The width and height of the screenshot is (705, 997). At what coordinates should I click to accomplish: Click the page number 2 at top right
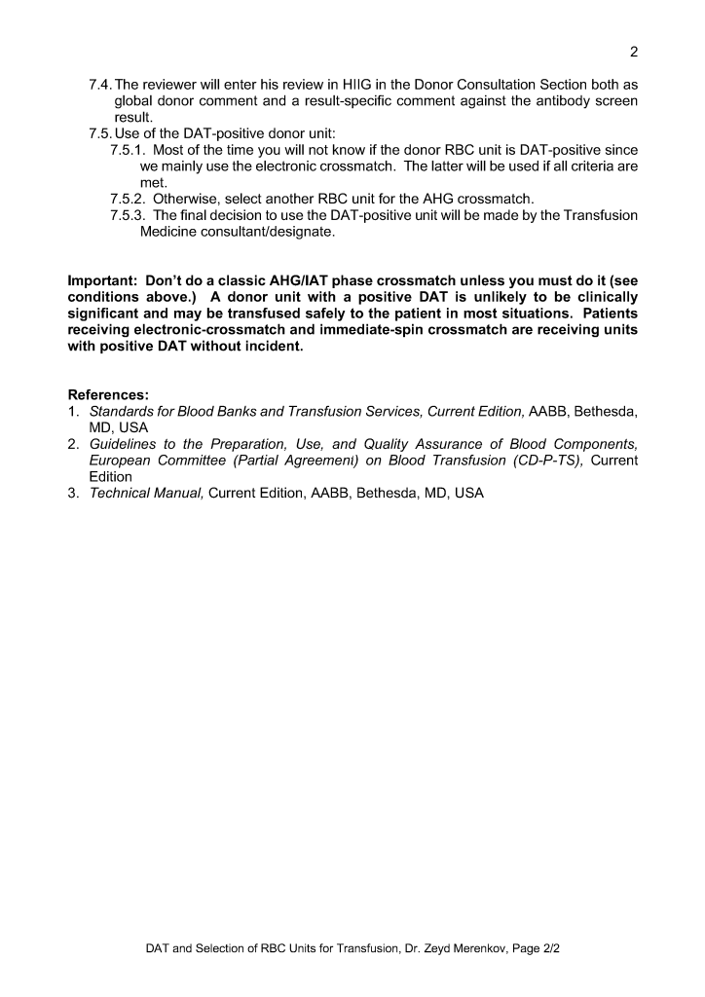pos(633,52)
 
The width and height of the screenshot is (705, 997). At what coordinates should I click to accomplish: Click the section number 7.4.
pos(100,84)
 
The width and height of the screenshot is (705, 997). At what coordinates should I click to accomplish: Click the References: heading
pos(108,395)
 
